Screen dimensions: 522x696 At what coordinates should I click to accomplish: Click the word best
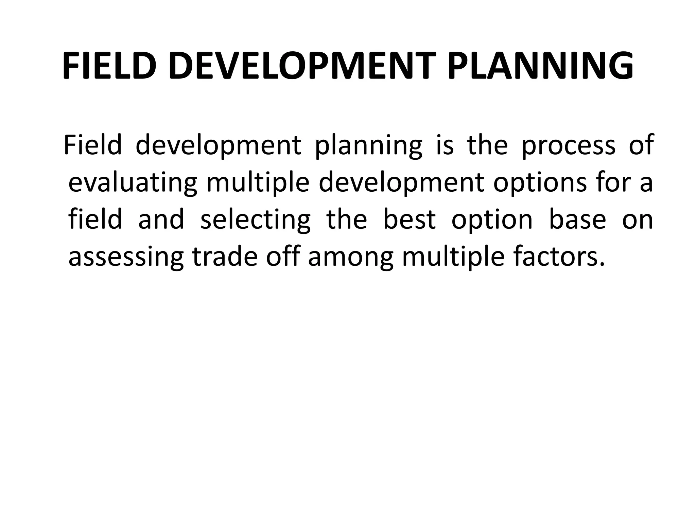(x=409, y=220)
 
